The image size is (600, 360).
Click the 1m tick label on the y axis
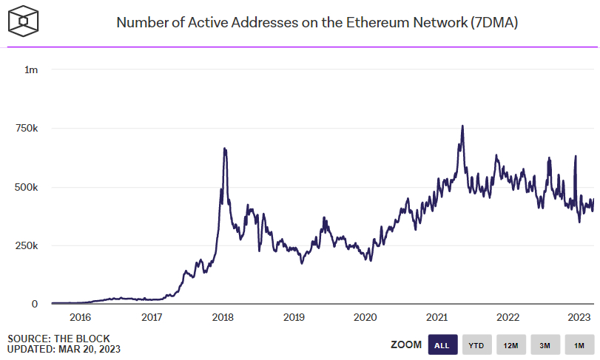click(31, 69)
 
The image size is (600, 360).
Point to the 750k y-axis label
click(27, 129)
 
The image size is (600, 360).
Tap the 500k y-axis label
click(27, 187)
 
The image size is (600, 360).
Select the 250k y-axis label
click(27, 245)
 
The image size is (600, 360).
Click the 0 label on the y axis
click(34, 304)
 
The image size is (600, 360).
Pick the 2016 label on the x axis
click(80, 317)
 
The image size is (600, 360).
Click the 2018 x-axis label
click(223, 317)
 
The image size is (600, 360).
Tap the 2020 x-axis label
click(365, 317)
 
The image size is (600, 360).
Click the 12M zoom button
click(510, 344)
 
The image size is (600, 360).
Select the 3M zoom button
click(545, 344)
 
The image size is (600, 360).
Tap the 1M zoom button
click(579, 344)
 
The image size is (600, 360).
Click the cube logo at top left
click(24, 22)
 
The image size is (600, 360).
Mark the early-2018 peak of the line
click(224, 149)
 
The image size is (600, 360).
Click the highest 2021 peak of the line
click(462, 126)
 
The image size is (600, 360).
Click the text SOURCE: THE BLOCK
click(58, 339)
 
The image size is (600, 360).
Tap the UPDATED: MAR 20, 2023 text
click(64, 349)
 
